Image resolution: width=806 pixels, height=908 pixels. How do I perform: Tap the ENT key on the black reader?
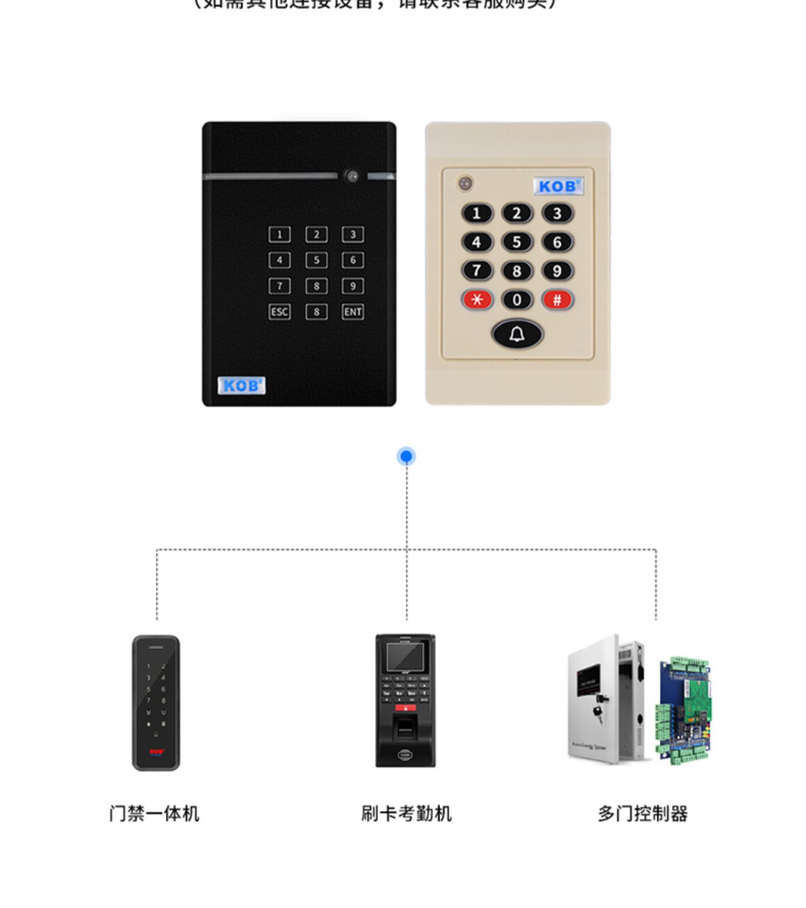click(352, 312)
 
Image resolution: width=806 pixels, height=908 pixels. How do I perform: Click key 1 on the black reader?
click(279, 234)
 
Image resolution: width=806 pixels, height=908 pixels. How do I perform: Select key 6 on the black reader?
click(352, 260)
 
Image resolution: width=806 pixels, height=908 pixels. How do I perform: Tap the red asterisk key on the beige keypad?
click(477, 300)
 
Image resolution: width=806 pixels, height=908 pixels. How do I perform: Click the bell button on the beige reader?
click(517, 334)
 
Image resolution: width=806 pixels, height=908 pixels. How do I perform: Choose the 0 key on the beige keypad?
click(517, 300)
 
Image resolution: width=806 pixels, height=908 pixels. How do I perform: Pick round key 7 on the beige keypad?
click(477, 270)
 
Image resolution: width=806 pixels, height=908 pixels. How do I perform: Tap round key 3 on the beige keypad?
click(557, 213)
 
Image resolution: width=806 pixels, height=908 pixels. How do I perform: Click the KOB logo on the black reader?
click(241, 385)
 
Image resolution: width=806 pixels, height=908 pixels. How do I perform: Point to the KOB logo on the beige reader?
click(558, 187)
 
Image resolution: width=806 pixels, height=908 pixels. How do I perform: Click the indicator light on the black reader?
click(352, 176)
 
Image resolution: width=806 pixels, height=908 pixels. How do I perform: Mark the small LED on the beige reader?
click(465, 183)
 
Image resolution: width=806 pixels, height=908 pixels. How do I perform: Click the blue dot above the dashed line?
click(406, 456)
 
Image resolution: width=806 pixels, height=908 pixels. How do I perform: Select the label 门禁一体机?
click(154, 813)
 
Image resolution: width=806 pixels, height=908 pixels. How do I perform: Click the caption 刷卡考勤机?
click(406, 813)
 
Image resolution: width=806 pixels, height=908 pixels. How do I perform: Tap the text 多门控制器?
click(643, 813)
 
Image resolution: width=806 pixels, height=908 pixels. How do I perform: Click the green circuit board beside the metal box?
click(683, 710)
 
